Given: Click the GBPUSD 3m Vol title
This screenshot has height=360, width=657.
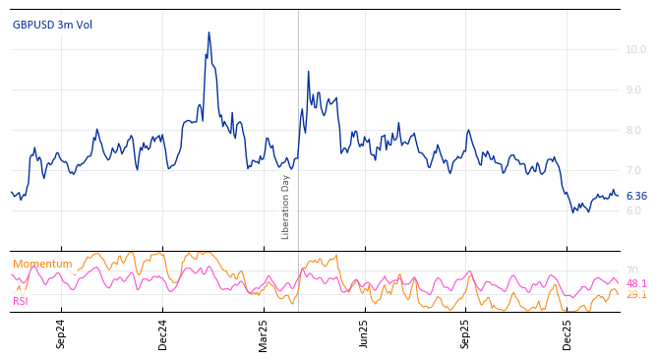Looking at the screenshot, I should tap(52, 25).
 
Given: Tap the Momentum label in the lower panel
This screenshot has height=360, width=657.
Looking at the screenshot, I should tap(42, 264).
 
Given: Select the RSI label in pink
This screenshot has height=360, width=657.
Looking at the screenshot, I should tap(21, 301).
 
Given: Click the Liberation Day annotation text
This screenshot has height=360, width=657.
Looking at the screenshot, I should tap(286, 207).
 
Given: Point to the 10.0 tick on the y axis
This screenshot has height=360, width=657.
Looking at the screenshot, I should tap(635, 49).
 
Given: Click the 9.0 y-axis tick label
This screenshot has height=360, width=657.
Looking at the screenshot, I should tap(635, 90).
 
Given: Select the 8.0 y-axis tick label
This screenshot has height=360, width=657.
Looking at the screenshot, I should tap(635, 130).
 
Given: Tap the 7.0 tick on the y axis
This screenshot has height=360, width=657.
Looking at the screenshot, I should tap(635, 170).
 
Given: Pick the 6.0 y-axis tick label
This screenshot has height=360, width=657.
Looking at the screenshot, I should tap(635, 210).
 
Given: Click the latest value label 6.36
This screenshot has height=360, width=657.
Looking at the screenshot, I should tap(636, 196).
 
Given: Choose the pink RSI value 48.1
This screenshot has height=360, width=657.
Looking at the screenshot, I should tap(636, 283).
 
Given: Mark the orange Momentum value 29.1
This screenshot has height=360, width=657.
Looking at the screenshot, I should tap(636, 294).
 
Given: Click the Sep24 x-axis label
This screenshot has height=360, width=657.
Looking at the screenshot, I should tap(61, 333).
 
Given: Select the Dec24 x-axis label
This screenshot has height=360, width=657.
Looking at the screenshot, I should tap(163, 333).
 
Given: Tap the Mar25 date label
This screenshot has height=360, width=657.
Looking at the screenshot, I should tap(264, 333).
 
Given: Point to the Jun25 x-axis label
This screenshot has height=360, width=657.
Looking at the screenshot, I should tap(364, 333).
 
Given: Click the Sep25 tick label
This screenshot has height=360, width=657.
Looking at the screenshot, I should tap(465, 333).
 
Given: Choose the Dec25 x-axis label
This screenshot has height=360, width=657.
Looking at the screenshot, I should tap(567, 333).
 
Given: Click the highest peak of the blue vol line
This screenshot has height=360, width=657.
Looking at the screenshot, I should tap(209, 32).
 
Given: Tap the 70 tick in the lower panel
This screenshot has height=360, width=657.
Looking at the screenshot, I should tap(631, 270).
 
